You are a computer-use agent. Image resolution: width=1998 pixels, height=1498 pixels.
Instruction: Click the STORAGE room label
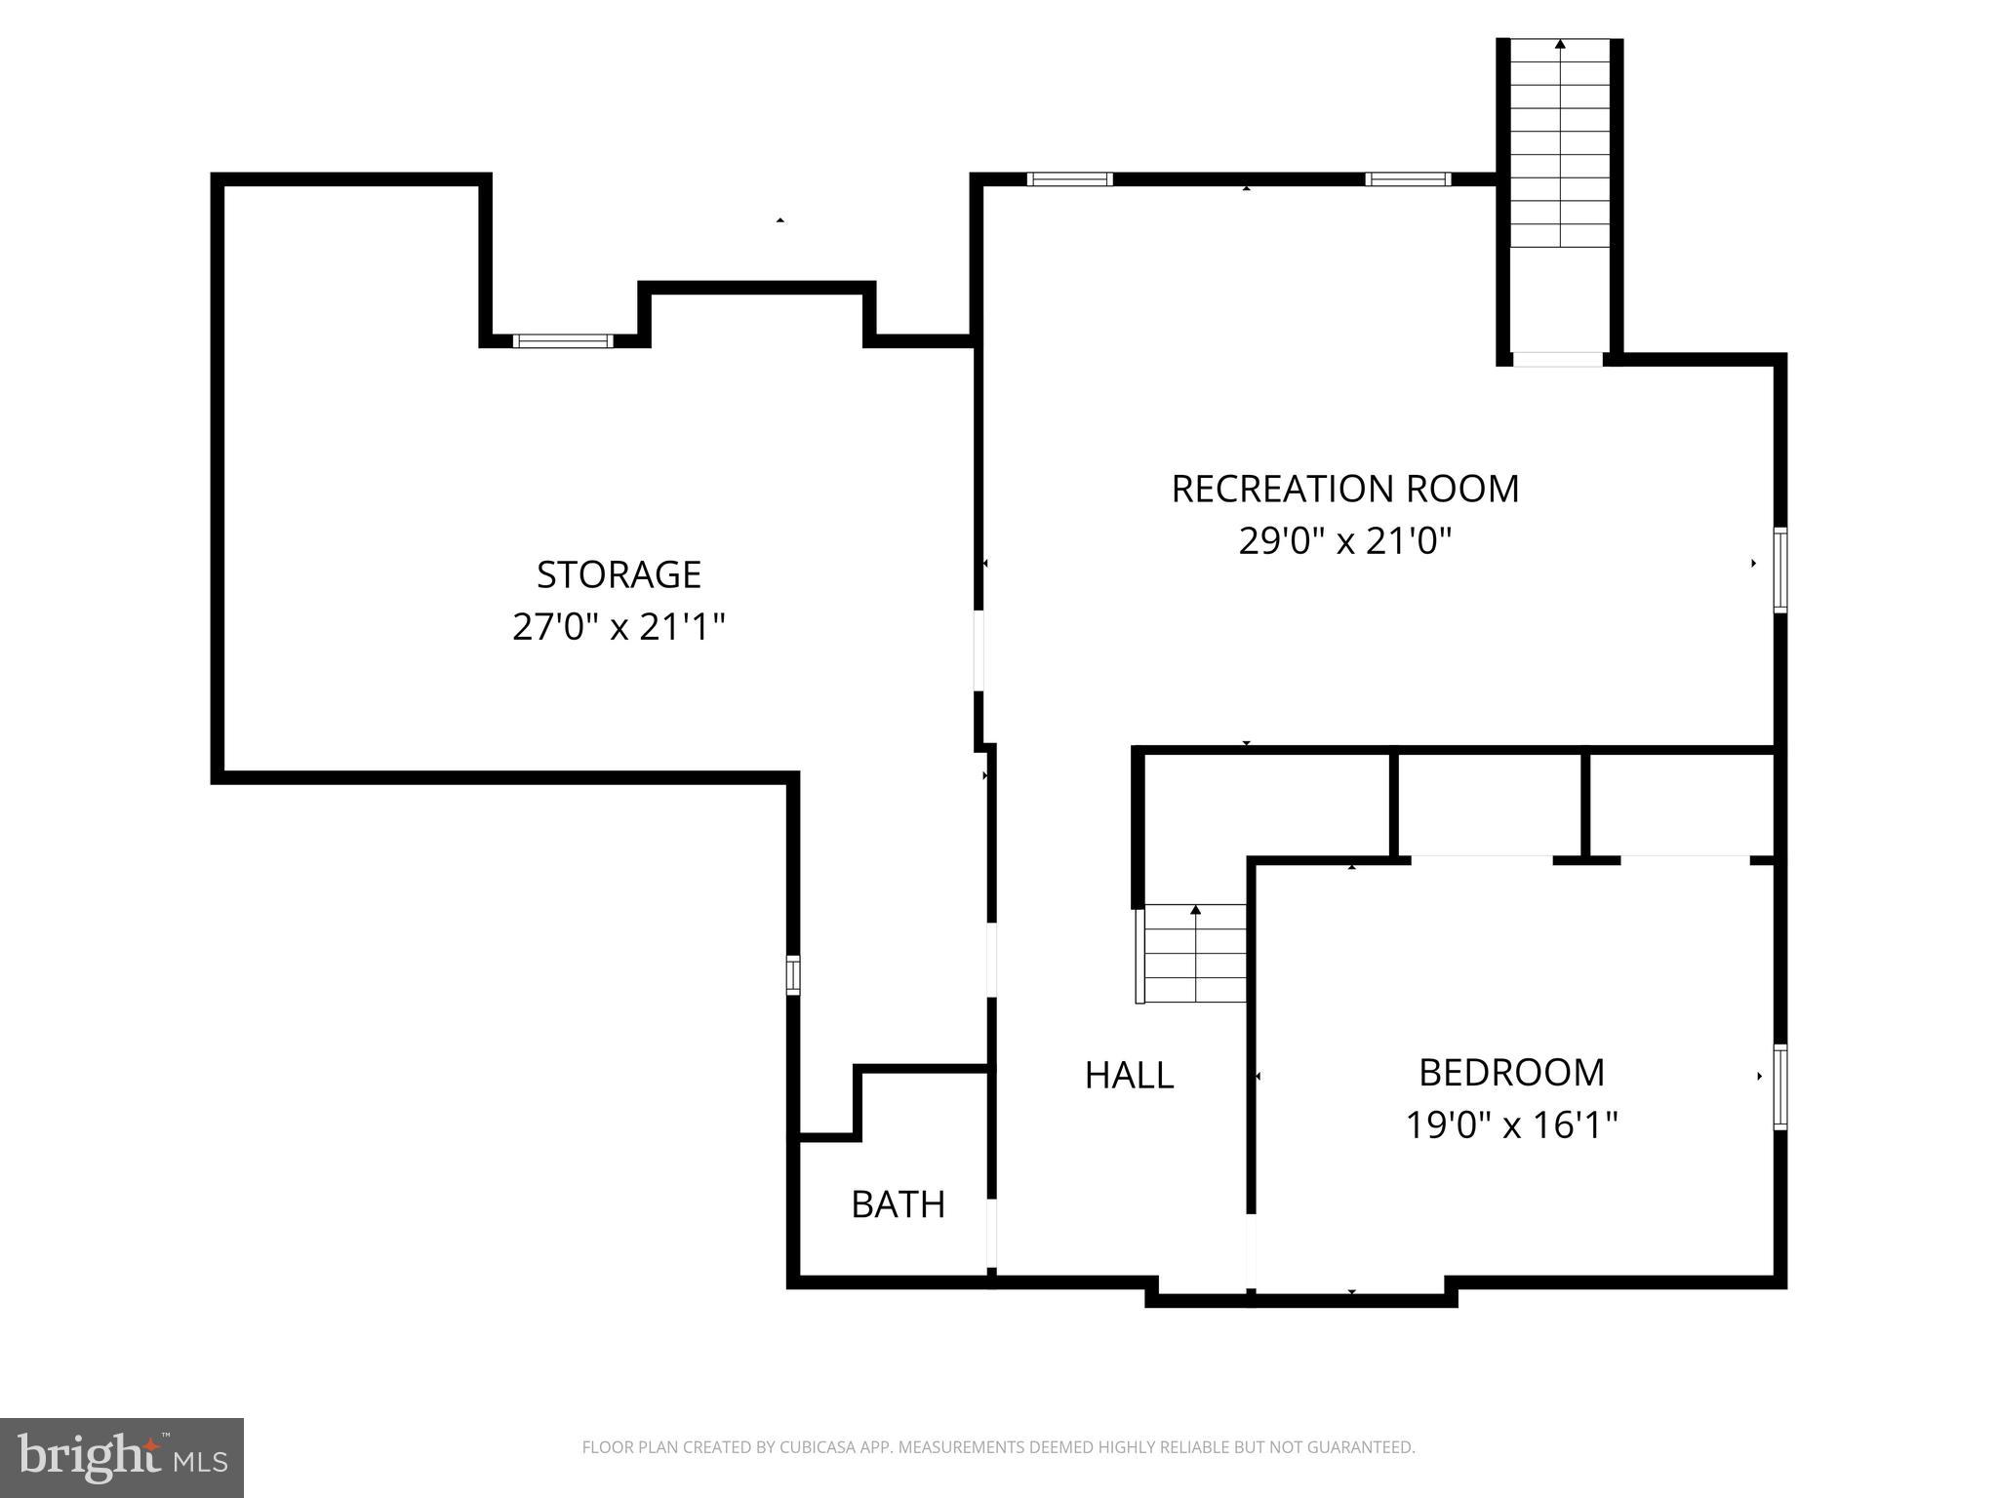619,574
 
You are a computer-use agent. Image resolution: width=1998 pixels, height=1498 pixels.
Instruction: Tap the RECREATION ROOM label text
1344,489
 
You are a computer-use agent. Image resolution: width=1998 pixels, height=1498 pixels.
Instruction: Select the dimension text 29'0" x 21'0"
1344,540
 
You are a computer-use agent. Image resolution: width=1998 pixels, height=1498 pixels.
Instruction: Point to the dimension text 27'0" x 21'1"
619,626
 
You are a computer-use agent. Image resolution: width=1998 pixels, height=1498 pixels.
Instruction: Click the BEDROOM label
1511,1073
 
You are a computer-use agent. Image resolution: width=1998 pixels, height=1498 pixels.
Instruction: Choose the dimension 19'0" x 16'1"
1511,1125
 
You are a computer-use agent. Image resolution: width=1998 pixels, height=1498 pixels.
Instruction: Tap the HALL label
1129,1076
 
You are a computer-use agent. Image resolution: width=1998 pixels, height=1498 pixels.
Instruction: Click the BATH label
898,1205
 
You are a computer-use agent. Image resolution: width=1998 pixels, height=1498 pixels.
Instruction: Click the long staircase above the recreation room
1560,146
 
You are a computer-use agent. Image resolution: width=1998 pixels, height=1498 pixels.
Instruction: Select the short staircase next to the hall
1195,954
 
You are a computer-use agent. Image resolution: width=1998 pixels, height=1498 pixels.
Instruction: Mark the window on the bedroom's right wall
1779,1086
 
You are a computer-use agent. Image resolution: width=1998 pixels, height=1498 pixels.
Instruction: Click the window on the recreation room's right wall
1779,570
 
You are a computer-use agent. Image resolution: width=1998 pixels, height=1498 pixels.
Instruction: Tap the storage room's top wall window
563,340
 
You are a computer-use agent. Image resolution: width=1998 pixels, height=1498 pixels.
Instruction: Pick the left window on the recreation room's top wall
1069,179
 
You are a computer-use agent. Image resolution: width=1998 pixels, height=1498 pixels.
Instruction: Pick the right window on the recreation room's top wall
1407,179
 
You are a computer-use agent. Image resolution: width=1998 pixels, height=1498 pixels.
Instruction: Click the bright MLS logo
121,1457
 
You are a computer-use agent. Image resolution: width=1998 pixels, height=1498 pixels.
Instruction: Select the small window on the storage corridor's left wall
793,974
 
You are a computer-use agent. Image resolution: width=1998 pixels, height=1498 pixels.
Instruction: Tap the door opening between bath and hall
991,1233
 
